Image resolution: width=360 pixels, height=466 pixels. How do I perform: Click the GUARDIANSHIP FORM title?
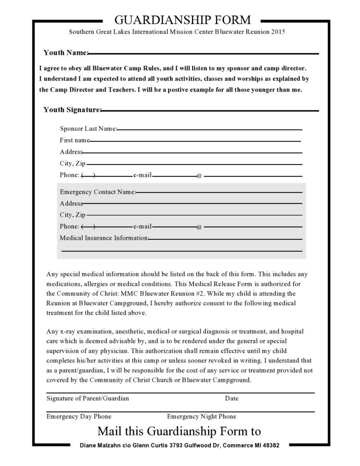[x=182, y=20]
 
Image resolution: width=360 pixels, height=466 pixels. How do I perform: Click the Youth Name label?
[x=65, y=53]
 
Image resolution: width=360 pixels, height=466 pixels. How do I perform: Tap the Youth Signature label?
[x=72, y=110]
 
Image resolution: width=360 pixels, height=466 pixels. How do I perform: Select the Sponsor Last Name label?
[x=88, y=129]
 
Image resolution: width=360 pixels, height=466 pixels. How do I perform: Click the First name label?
[x=74, y=140]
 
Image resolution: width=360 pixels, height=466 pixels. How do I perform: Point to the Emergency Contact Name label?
[x=98, y=192]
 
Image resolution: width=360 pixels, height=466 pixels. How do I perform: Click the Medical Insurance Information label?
[x=104, y=238]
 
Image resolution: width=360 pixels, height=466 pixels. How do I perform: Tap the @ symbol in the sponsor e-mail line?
[x=199, y=176]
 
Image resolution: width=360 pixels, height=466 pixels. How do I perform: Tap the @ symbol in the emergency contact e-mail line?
[x=199, y=227]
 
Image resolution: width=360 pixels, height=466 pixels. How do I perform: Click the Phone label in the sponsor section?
[x=69, y=175]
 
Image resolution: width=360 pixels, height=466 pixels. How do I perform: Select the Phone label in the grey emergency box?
[x=69, y=226]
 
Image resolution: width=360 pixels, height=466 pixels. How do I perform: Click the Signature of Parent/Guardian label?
[x=87, y=399]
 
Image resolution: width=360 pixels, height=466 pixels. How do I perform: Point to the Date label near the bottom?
[x=231, y=399]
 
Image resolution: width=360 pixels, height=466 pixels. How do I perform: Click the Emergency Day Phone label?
[x=79, y=416]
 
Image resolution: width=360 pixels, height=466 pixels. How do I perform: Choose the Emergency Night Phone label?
[x=201, y=416]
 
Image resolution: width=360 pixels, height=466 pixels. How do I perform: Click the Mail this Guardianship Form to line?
[x=179, y=431]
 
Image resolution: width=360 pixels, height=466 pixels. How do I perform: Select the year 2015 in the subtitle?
[x=278, y=32]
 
